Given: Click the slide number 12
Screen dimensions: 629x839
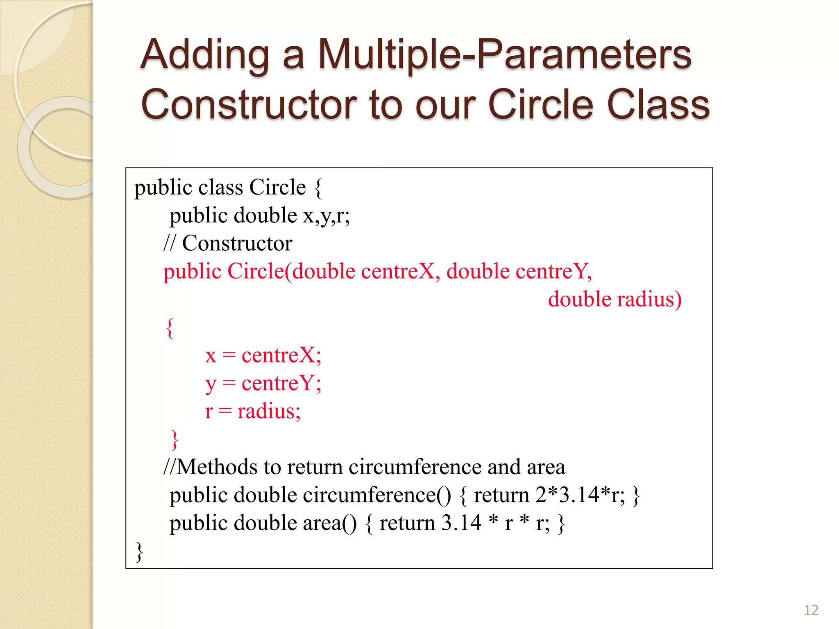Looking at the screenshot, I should point(811,610).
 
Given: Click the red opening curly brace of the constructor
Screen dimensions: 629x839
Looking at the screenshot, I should point(170,328).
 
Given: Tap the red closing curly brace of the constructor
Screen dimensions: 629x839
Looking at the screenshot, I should point(175,440).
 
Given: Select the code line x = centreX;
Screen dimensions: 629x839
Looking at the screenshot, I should point(263,355).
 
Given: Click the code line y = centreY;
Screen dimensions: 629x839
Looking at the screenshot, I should point(263,383).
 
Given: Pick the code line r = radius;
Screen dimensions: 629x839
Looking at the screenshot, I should point(253,411).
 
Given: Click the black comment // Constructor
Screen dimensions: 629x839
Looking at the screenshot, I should point(228,243).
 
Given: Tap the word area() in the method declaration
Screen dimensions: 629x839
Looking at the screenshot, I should point(330,523).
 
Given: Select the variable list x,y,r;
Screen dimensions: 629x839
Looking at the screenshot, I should point(327,215).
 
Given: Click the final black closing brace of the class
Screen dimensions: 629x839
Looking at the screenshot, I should point(139,551).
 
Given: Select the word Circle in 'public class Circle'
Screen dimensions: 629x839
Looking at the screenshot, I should point(277,188).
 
